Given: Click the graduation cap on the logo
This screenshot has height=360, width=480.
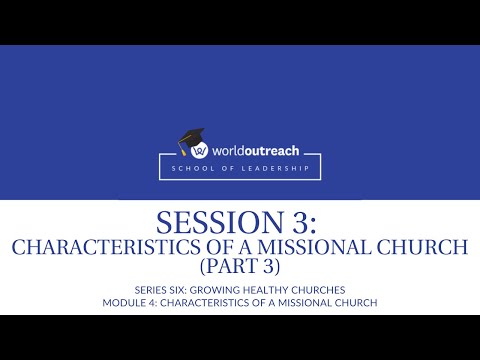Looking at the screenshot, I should tap(191, 138).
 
